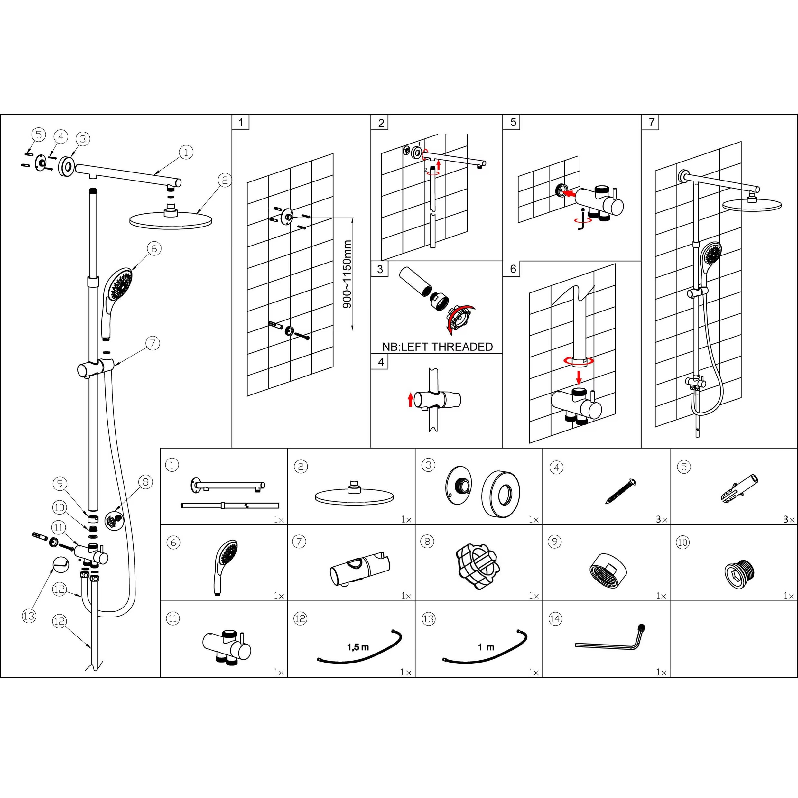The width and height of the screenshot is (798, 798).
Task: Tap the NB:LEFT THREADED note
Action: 437,347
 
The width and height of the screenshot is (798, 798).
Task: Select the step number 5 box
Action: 513,122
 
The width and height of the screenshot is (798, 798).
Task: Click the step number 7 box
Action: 651,122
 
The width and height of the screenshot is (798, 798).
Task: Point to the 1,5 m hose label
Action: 358,647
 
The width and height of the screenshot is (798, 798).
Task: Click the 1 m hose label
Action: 486,647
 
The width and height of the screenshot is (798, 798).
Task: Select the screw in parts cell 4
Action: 621,491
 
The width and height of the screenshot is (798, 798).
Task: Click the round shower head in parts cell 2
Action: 354,495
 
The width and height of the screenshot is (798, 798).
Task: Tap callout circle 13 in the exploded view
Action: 29,616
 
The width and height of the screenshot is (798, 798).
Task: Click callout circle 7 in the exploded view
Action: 153,343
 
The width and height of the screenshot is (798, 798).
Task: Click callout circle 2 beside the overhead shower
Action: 225,180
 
